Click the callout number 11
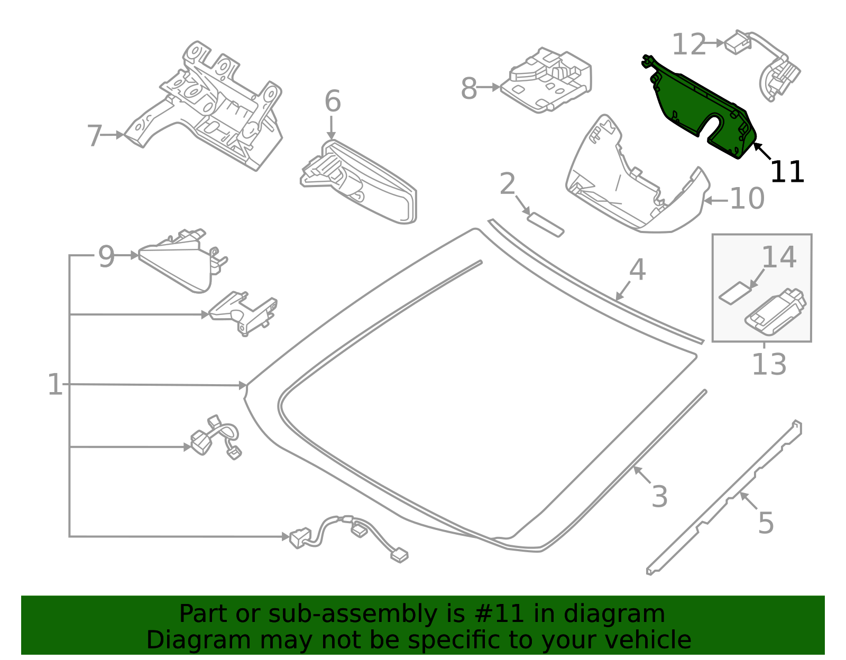(x=787, y=172)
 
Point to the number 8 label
(x=469, y=89)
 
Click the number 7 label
(x=95, y=136)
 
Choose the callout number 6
(x=333, y=101)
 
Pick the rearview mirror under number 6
(x=358, y=182)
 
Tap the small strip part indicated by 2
(x=546, y=225)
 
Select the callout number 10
(x=747, y=198)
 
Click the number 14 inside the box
(x=779, y=257)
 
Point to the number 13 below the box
(x=769, y=364)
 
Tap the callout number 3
(x=659, y=496)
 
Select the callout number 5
(x=766, y=523)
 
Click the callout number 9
(x=106, y=256)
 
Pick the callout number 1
(x=55, y=385)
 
